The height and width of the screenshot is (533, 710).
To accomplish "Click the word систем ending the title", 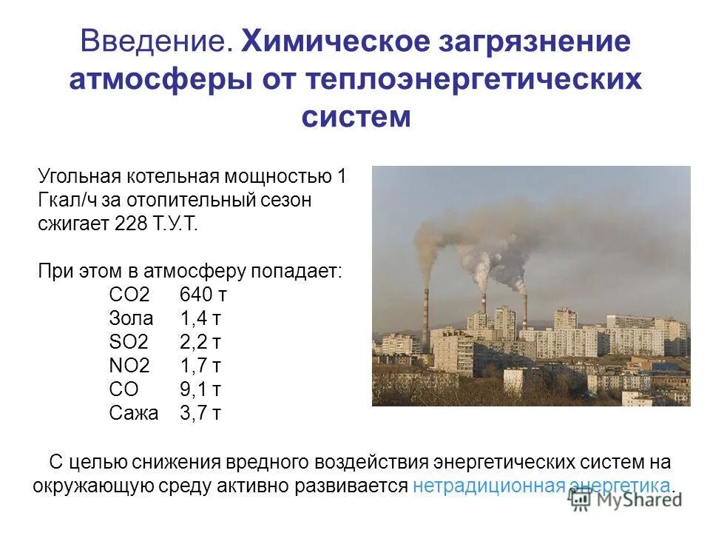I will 355,117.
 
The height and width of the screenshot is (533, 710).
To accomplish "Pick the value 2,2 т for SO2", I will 200,342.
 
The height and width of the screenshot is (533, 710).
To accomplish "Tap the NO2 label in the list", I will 129,366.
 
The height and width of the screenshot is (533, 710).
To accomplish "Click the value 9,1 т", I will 200,389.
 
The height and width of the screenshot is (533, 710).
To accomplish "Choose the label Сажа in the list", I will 134,413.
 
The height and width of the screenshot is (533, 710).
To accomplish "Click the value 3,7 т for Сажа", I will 200,413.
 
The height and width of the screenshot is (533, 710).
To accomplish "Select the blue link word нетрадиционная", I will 489,486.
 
